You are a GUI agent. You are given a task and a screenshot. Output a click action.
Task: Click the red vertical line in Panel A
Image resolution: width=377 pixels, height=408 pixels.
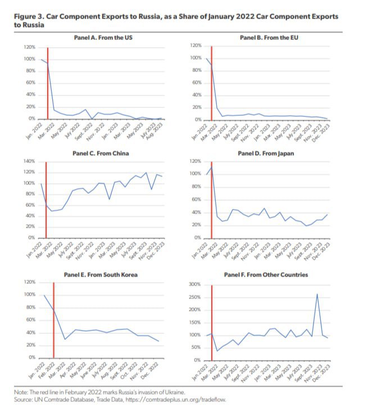(48, 84)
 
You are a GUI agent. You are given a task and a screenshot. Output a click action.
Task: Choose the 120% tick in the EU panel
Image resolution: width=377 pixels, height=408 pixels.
(196, 45)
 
